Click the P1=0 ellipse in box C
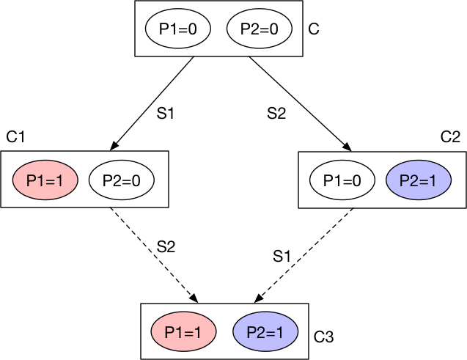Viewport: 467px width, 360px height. (178, 29)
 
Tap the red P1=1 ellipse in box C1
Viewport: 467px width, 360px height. (45, 180)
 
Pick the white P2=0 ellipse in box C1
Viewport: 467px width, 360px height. (120, 180)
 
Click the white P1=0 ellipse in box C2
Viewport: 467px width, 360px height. (342, 180)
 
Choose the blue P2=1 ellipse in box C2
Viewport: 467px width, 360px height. (419, 180)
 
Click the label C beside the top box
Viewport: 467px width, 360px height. (315, 30)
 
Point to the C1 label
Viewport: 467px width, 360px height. (15, 137)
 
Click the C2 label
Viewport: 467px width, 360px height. (449, 137)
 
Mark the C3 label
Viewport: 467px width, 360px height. (323, 337)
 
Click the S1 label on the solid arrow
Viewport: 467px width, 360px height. (166, 114)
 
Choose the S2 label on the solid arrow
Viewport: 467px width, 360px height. (276, 114)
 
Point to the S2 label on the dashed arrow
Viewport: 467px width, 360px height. (166, 246)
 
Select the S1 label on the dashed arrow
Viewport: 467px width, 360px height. (282, 256)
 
